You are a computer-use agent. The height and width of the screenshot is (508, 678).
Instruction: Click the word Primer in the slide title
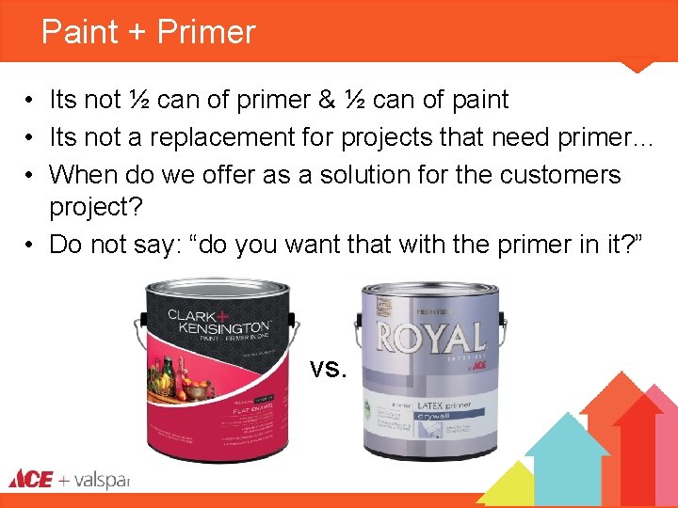click(206, 32)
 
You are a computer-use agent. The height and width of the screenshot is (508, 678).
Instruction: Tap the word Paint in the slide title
click(79, 32)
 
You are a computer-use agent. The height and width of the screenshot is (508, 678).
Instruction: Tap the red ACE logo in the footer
click(31, 479)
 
